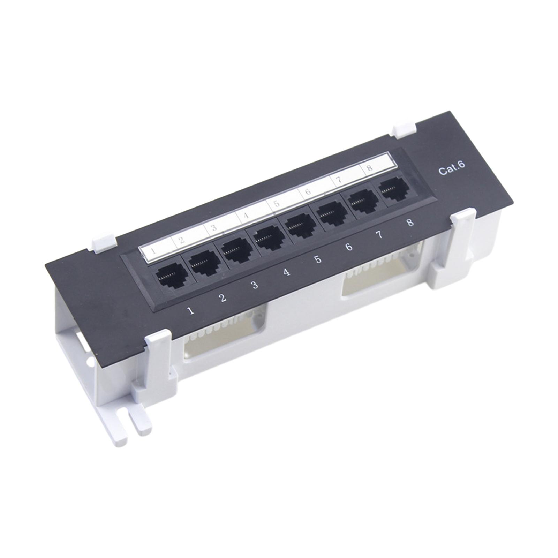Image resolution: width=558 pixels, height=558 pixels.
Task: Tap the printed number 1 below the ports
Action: click(190, 310)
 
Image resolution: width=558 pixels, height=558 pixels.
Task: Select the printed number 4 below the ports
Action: click(287, 272)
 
